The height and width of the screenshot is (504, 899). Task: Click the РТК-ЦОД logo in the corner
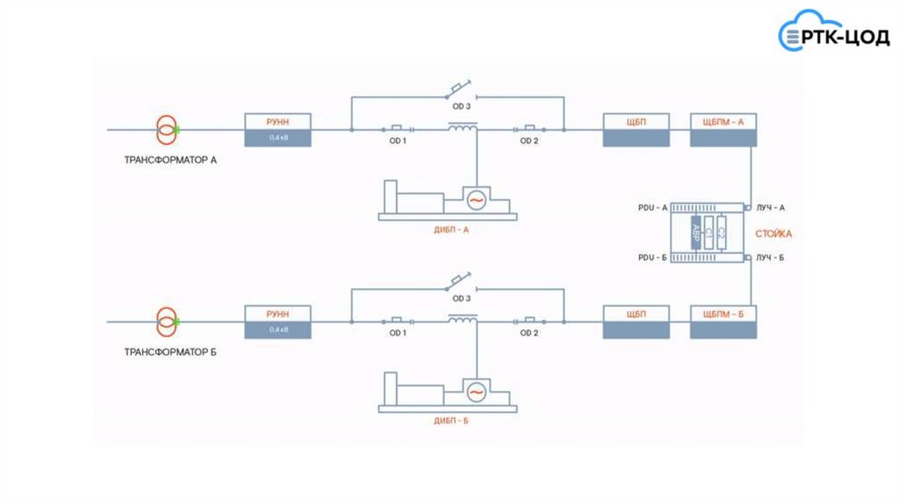pos(835,35)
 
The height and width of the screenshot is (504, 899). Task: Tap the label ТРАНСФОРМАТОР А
pos(171,161)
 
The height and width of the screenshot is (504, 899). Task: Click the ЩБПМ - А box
pos(723,130)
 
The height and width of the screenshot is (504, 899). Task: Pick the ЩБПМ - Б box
pos(723,322)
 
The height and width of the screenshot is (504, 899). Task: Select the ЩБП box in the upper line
pos(636,130)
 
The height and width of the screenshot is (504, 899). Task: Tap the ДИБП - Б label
pos(451,421)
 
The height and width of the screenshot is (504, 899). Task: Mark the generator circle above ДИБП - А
pos(476,199)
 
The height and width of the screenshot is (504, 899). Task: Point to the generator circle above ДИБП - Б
pos(476,392)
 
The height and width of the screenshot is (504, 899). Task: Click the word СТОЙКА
pos(773,234)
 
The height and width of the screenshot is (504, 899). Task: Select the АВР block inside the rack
pos(696,233)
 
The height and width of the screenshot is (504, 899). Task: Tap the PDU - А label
pos(653,208)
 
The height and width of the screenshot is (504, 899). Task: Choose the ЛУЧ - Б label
pos(770,258)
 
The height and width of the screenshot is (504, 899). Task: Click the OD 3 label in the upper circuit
pos(462,106)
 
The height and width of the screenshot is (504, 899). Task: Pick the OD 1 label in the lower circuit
pos(398,334)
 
